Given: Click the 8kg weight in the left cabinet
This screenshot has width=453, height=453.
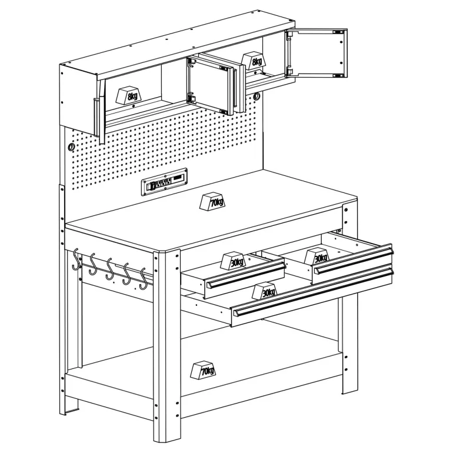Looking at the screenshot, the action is click(129, 95).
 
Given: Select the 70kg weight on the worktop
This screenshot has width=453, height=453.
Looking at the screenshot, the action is click(212, 201).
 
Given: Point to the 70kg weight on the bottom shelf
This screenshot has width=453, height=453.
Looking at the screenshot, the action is click(204, 370).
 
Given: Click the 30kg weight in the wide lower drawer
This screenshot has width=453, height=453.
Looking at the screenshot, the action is click(265, 291).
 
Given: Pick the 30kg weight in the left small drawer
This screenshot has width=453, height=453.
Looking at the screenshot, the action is click(234, 261).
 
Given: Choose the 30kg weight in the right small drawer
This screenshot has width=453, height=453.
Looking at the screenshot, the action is click(317, 256).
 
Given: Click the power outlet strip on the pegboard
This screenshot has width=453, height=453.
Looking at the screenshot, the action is click(164, 182).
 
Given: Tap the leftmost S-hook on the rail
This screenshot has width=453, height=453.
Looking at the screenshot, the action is click(76, 259).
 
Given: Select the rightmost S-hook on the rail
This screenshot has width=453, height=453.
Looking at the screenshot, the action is click(143, 279).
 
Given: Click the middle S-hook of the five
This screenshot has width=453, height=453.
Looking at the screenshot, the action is click(109, 269).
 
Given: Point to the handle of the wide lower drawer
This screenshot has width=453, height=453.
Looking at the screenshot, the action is click(314, 292).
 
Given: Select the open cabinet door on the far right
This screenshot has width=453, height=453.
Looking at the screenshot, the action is click(317, 53).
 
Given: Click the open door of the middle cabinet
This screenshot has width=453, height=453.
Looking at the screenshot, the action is click(210, 85).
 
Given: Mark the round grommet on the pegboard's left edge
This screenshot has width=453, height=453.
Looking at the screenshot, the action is click(71, 147).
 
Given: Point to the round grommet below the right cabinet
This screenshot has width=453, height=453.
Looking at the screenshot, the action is click(257, 96).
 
